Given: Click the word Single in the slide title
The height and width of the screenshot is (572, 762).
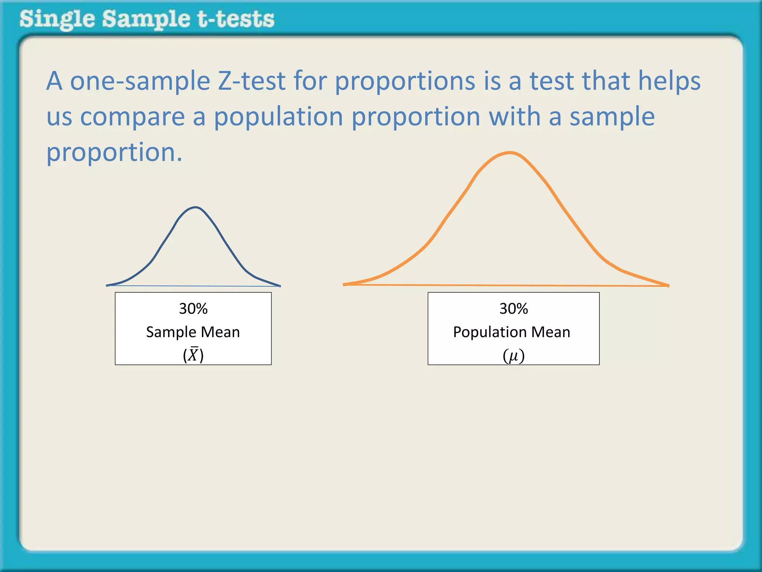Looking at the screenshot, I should pos(57,20).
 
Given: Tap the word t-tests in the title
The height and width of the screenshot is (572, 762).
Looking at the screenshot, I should pos(236,19).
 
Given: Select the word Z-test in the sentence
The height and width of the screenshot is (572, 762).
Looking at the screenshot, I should pos(252,81).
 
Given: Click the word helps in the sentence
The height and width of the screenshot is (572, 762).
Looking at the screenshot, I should pos(669,82).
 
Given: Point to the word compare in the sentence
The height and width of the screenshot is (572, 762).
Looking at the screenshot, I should pos(132,117).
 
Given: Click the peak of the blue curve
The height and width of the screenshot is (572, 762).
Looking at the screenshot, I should pos(195,207).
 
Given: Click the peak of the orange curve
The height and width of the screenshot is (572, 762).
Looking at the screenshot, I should pos(510,152).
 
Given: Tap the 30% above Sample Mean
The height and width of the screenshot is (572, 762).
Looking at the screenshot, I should pos(193,309).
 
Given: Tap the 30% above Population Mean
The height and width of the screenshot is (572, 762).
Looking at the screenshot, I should pos(513,309).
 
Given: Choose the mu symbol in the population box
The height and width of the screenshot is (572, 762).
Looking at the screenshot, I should pos(513,356).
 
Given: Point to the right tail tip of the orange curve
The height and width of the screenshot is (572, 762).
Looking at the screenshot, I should pos(669,286).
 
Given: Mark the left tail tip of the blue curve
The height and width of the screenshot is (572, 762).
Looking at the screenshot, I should pos(107,286).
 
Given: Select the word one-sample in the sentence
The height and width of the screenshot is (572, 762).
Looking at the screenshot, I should pos(140,82).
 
